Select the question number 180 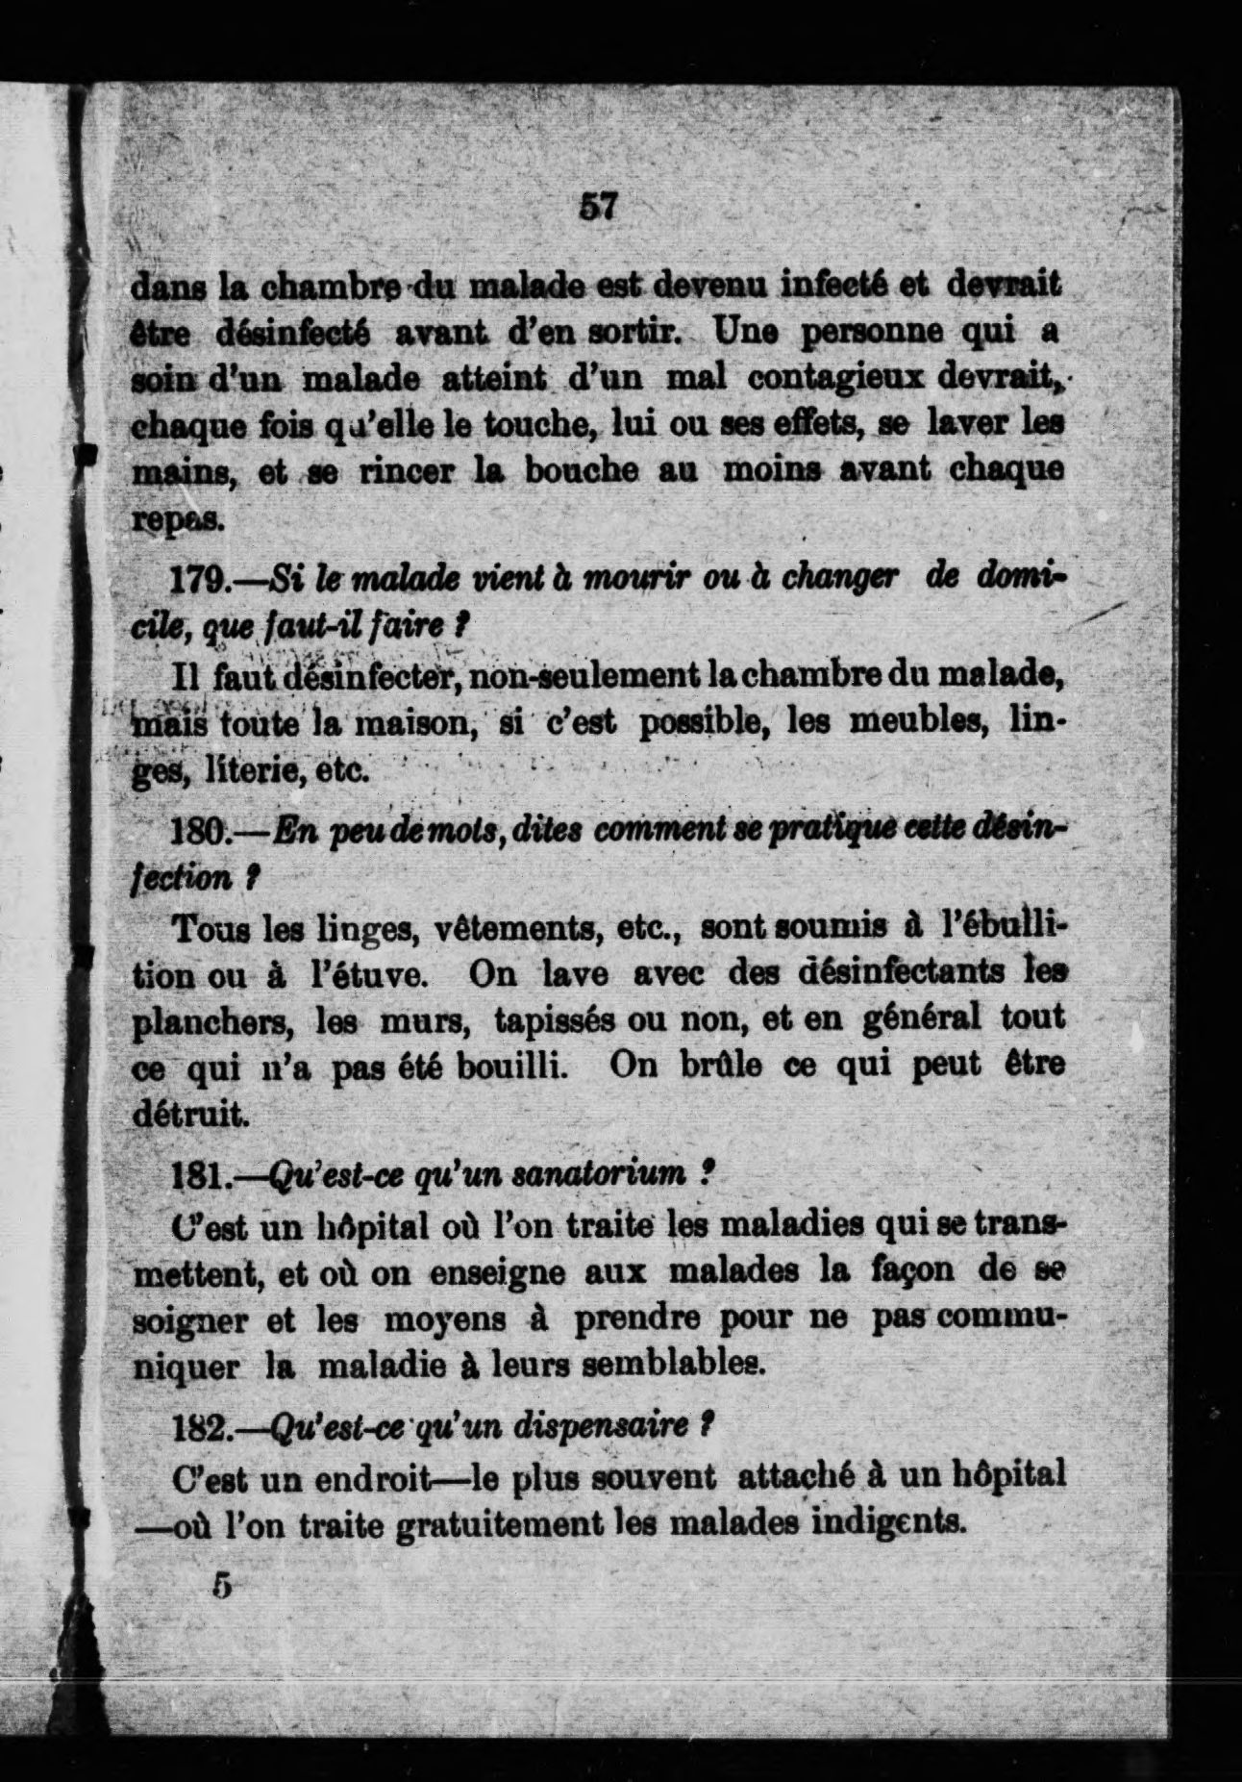(x=199, y=830)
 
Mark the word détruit (x=189, y=1114)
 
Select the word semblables (x=671, y=1365)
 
